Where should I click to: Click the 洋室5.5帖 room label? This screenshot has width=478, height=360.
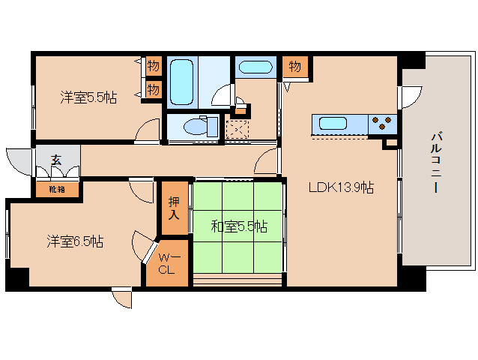(x=88, y=97)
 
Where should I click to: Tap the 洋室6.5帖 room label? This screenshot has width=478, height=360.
(x=75, y=241)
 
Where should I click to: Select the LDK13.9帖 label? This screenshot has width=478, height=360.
(x=341, y=188)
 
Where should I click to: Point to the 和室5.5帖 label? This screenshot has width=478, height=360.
(x=239, y=226)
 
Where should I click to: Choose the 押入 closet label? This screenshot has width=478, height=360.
(x=172, y=208)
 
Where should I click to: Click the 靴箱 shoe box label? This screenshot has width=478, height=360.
(x=57, y=189)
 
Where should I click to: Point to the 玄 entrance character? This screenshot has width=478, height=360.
(x=56, y=160)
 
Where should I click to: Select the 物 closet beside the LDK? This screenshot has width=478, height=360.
(x=295, y=67)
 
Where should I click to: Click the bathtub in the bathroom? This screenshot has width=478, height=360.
(x=183, y=82)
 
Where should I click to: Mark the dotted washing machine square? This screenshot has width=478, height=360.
(x=239, y=129)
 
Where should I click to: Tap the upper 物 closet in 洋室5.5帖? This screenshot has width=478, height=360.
(x=153, y=66)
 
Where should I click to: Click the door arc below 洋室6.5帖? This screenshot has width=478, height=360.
(x=122, y=298)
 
